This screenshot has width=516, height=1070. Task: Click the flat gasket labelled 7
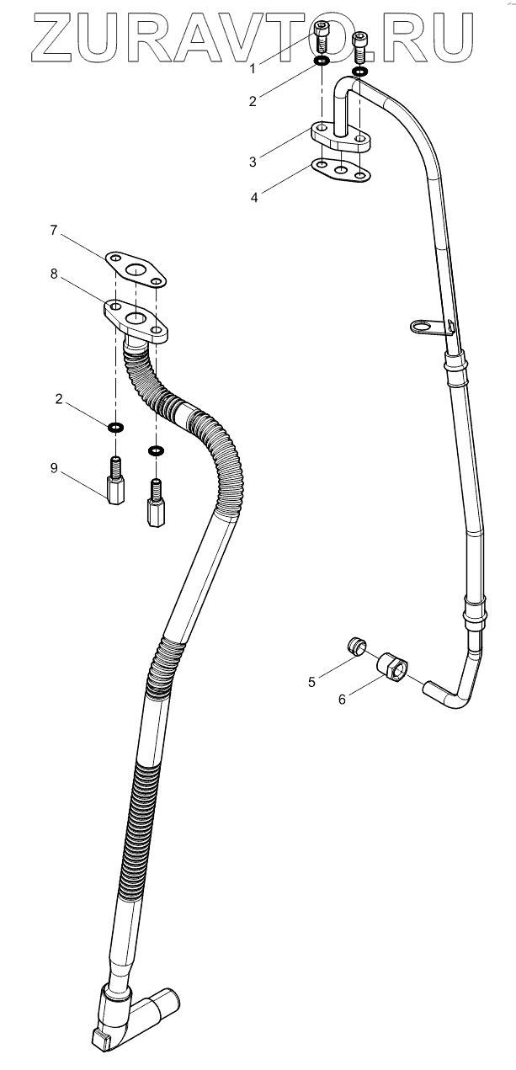click(x=135, y=268)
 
